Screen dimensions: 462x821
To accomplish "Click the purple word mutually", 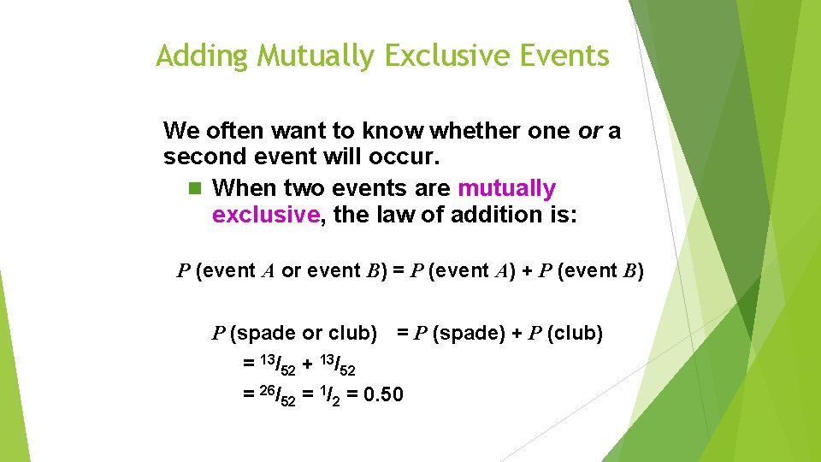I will point(506,188).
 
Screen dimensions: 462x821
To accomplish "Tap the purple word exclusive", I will point(265,215).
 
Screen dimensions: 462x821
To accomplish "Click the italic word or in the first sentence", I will point(589,132).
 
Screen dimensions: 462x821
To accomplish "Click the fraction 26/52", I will point(279,395).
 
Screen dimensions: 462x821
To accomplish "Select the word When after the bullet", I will point(239,188).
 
